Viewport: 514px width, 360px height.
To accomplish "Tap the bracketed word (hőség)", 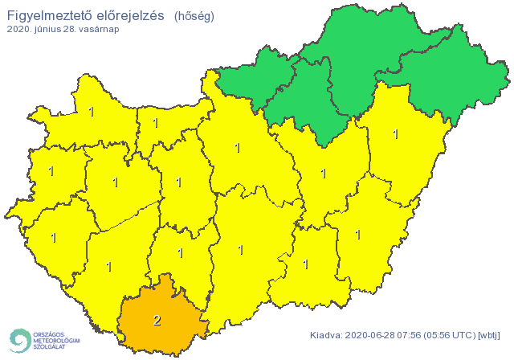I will [x=194, y=15].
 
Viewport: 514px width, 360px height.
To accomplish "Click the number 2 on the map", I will [x=157, y=321].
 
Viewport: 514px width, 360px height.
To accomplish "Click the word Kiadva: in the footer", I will [x=327, y=335].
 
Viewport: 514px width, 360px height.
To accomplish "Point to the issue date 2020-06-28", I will [x=372, y=335].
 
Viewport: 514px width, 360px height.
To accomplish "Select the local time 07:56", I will [x=413, y=335].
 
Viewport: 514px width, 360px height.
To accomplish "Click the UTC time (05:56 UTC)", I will [x=451, y=335].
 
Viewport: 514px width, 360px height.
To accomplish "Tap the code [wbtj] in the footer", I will [x=488, y=335].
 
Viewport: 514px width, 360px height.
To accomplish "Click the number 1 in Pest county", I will [x=237, y=148].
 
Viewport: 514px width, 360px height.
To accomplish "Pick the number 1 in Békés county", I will [x=357, y=235].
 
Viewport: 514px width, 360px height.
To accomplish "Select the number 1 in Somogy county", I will [x=109, y=266].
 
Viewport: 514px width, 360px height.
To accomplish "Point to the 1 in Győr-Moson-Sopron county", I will [x=91, y=112].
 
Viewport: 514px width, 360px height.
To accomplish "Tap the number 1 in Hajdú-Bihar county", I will [x=395, y=134].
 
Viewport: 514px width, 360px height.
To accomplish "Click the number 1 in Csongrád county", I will [x=305, y=263].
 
